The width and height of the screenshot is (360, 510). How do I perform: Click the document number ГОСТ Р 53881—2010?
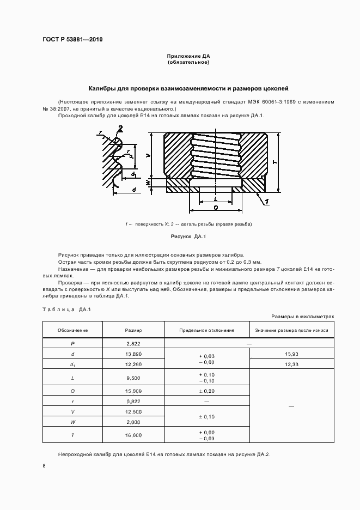pos(72,40)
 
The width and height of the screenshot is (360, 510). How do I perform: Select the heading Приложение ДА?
pos(188,56)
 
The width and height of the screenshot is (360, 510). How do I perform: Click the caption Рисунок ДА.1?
pos(188,236)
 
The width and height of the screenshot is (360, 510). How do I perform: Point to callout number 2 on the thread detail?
pos(120,129)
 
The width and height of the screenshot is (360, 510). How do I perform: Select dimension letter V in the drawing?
pos(148,156)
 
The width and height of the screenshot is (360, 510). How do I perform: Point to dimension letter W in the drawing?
pos(148,182)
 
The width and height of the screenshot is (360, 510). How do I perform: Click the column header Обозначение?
pos(72,330)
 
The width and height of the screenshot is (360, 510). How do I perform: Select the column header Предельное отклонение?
pos(207,330)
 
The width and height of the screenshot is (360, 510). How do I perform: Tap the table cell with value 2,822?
pos(133,343)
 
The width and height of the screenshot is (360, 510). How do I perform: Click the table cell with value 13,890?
pos(133,354)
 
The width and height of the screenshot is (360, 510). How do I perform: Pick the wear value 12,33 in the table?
pos(291,365)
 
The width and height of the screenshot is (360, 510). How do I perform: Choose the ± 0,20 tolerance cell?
pos(207,391)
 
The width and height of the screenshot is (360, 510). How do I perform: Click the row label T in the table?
pos(72,435)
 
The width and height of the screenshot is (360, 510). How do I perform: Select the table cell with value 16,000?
pos(133,435)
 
